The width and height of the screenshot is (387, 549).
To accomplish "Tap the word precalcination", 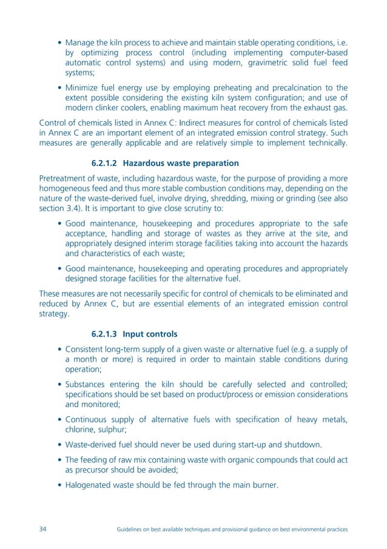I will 289,87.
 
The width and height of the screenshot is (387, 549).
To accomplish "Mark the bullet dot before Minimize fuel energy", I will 59,88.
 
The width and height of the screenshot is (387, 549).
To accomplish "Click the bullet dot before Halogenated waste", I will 59,484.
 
